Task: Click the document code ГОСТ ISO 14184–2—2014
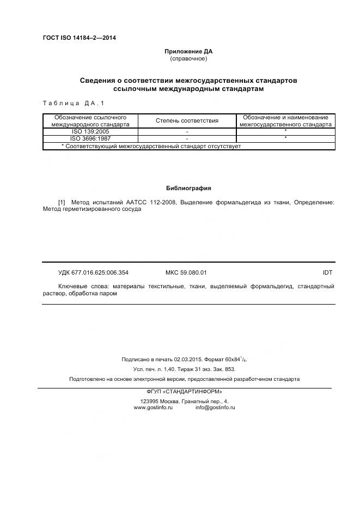[x=79, y=38]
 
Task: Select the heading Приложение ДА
[x=188, y=52]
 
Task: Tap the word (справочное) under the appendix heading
[x=188, y=58]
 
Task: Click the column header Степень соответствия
[x=187, y=120]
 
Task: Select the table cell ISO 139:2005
[x=90, y=131]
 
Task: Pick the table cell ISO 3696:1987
[x=90, y=138]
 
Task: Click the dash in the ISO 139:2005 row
[x=187, y=132]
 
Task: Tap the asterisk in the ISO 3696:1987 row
[x=285, y=139]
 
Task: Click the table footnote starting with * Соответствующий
[x=151, y=146]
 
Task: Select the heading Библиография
[x=188, y=188]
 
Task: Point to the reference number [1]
[x=62, y=202]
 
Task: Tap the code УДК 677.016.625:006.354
[x=93, y=272]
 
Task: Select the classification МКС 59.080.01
[x=186, y=272]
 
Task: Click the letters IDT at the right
[x=327, y=272]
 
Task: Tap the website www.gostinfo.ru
[x=153, y=408]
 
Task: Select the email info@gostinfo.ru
[x=215, y=408]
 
